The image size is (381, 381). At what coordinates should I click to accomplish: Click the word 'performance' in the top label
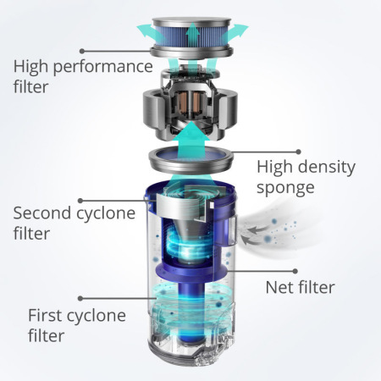click(103, 67)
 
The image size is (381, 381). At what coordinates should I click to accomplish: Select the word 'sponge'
click(285, 188)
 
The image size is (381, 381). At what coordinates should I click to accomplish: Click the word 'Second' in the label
click(41, 213)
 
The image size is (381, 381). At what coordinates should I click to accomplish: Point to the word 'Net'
click(279, 287)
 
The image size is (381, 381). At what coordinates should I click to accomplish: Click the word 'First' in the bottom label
click(45, 315)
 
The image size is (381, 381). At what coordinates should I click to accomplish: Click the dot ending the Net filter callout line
click(295, 271)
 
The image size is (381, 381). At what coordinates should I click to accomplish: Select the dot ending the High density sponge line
click(299, 152)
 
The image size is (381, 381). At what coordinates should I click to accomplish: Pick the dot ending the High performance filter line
click(82, 51)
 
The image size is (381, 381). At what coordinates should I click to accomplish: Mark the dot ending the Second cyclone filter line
click(80, 201)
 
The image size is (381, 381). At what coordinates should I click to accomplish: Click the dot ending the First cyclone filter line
click(80, 298)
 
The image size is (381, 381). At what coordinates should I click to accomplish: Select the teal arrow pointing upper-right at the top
click(235, 31)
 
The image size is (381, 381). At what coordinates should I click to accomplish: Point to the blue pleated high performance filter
click(192, 37)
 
